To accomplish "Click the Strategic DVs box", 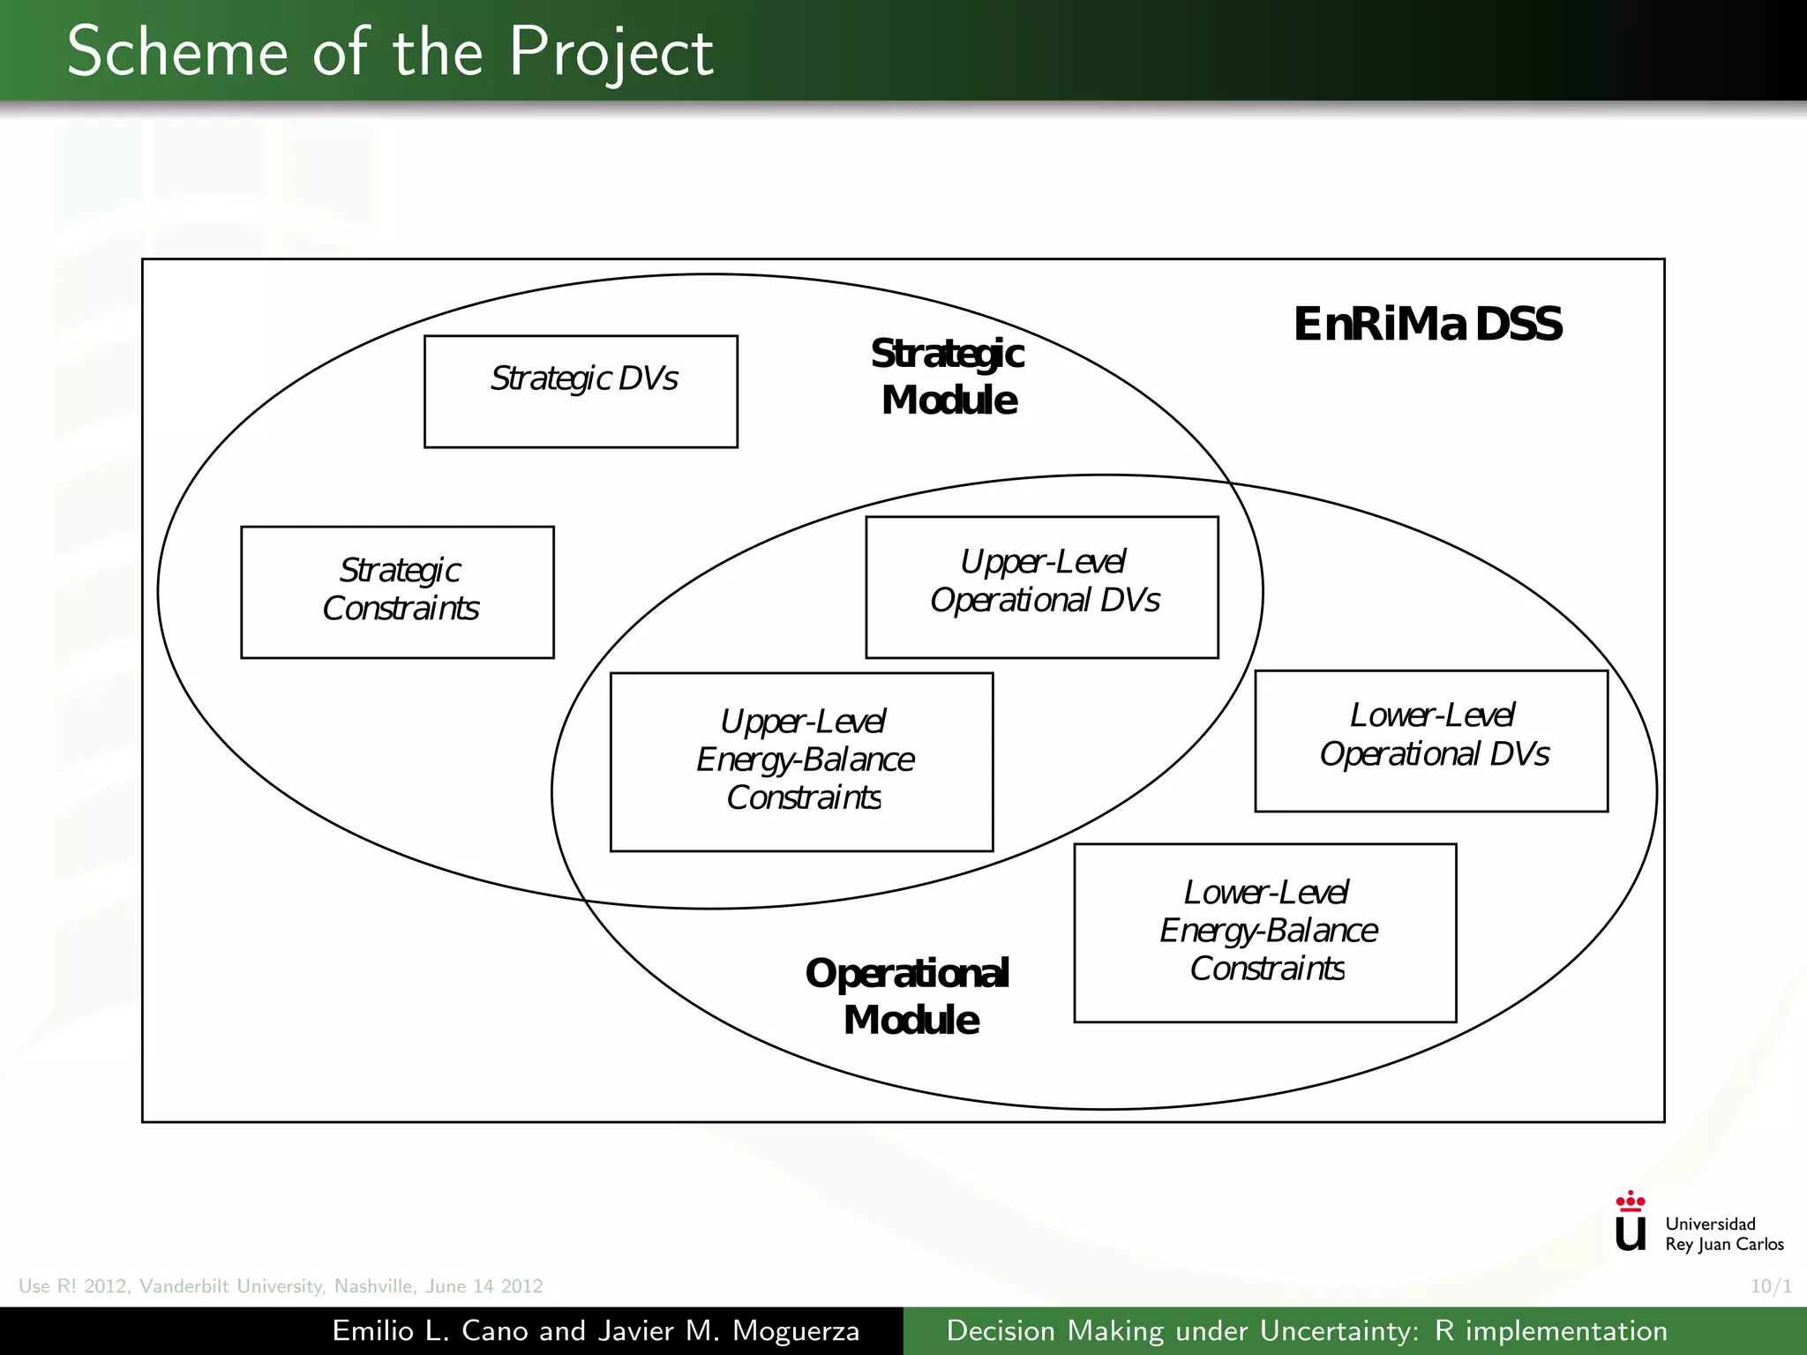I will [x=581, y=391].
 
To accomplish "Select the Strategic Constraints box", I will [x=397, y=592].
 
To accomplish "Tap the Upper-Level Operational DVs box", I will [x=1042, y=587].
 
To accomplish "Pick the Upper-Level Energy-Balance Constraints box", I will [x=801, y=761].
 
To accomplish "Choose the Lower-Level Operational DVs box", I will [x=1431, y=740].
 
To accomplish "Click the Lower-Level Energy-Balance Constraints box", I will [x=1264, y=932].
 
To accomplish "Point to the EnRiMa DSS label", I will [x=1428, y=324].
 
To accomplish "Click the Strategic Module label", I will [x=948, y=377].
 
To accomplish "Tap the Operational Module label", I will [x=908, y=997].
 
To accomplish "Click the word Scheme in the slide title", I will [x=177, y=52].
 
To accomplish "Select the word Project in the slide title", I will [x=611, y=52].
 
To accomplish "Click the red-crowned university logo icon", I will [x=1630, y=1222].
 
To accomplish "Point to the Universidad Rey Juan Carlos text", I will [x=1723, y=1233].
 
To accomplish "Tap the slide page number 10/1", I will [x=1771, y=1286].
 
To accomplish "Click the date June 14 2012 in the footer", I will [x=484, y=1286].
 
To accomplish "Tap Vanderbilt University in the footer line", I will [x=233, y=1286].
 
